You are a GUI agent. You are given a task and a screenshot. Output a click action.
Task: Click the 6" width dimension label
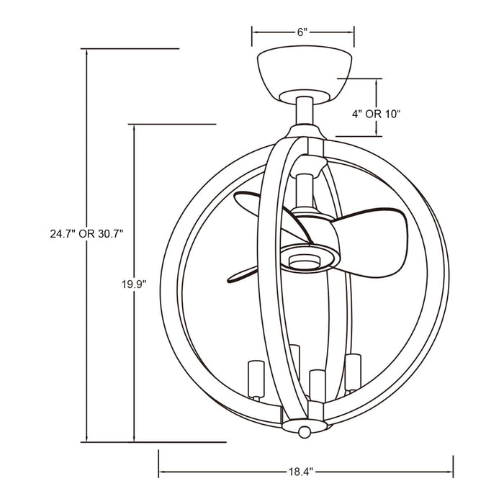(x=302, y=32)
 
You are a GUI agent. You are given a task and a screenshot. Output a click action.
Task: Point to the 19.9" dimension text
(x=135, y=283)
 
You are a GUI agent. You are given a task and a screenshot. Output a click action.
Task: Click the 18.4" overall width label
(x=302, y=472)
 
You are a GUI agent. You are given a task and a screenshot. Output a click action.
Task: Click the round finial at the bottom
(x=306, y=430)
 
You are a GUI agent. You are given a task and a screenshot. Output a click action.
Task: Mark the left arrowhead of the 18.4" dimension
(x=161, y=472)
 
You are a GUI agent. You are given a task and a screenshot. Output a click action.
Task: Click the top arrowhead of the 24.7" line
(x=88, y=53)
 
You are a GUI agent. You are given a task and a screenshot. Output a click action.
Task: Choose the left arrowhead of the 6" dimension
(x=254, y=32)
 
